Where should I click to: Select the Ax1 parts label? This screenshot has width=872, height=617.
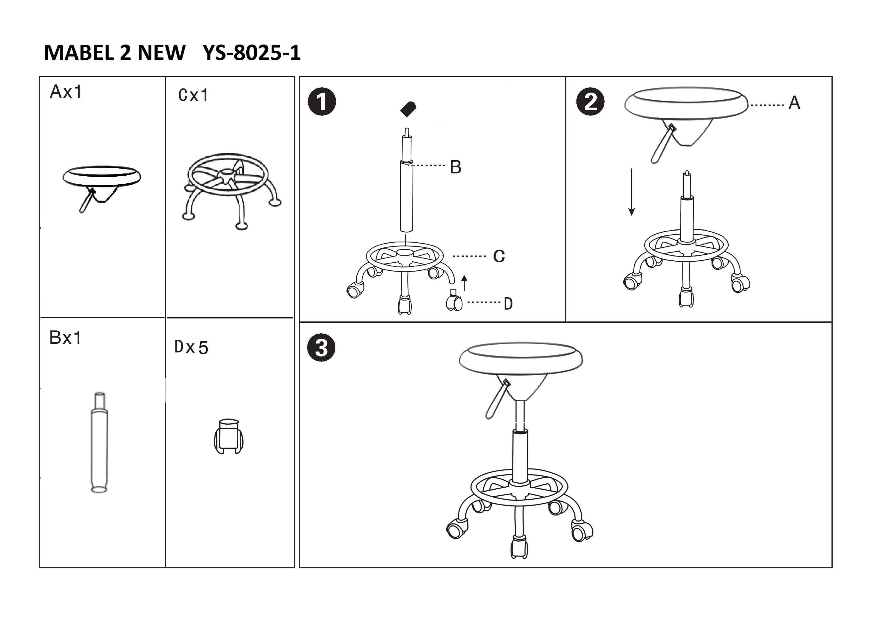(x=66, y=92)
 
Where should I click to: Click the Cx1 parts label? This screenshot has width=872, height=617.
(x=193, y=95)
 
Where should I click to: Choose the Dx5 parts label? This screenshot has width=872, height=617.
(x=191, y=347)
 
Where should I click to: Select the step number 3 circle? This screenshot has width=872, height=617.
(x=321, y=348)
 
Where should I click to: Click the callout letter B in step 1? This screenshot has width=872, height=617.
(x=455, y=167)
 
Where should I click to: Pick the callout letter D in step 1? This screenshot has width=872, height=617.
(x=508, y=304)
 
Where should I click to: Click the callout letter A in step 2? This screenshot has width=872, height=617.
(x=794, y=103)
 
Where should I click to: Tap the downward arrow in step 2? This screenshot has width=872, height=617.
(x=632, y=192)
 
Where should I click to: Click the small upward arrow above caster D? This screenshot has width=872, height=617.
(x=464, y=283)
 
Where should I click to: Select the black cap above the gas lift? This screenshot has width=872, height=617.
(x=408, y=109)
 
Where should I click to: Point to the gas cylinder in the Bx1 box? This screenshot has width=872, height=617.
(x=99, y=442)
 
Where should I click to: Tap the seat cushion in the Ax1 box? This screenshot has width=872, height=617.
(x=102, y=176)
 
